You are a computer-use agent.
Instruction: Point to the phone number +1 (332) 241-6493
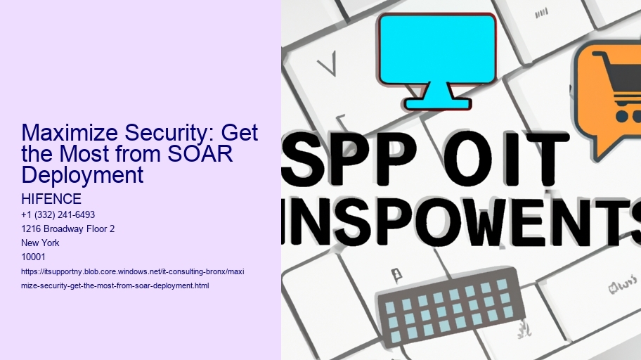[x=58, y=214]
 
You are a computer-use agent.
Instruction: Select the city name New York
[x=41, y=243]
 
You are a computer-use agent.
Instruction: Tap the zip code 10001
[x=34, y=257]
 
